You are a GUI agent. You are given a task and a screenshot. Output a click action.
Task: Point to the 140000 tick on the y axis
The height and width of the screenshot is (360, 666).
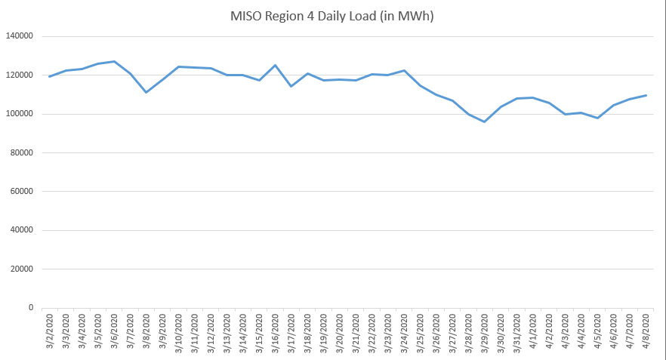coord(20,36)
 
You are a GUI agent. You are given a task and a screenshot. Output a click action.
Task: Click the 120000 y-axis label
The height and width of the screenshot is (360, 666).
coord(20,75)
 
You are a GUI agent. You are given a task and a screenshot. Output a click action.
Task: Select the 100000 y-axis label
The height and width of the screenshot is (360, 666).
coord(20,114)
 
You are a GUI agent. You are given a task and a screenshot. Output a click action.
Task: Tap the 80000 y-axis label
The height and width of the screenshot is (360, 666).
coord(23,153)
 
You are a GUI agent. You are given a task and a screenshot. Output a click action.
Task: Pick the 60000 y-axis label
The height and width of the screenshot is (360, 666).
coord(23,192)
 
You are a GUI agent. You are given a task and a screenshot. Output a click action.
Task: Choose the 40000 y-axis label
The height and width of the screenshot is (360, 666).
coord(23,230)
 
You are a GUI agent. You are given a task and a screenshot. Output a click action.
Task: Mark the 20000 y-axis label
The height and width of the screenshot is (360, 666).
coord(23,269)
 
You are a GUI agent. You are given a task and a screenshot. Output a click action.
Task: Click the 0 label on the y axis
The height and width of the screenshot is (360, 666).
coord(32,308)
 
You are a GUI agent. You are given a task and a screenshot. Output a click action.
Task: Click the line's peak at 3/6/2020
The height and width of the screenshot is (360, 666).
coord(114,61)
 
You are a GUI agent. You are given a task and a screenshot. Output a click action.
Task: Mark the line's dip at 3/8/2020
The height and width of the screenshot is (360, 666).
coord(146,92)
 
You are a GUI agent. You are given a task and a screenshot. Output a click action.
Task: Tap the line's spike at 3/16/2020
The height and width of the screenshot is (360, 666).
coord(275,65)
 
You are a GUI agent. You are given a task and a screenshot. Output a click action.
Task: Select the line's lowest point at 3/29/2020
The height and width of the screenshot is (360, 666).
coord(484,122)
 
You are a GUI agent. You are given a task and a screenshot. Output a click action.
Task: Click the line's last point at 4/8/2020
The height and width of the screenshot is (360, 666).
coord(646,95)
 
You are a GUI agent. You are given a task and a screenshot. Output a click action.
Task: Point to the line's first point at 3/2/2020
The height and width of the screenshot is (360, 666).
coord(50,76)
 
